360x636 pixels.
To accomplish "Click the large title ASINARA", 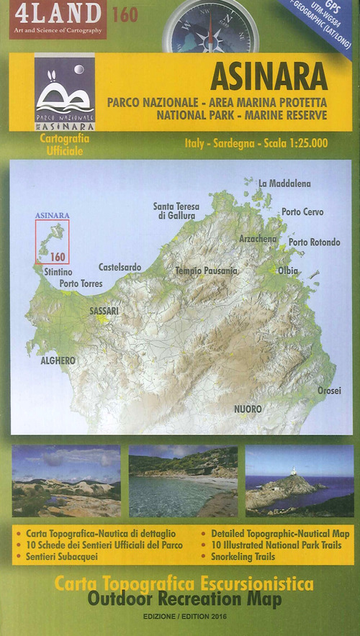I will point(269,77).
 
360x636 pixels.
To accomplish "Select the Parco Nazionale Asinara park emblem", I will point(64,93).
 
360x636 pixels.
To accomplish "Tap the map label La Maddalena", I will point(284,183).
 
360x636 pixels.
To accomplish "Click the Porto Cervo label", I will point(302,212).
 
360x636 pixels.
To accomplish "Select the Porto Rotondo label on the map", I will point(314,242).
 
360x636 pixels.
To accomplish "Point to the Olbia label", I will point(288,271).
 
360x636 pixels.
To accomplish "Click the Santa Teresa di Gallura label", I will point(176,211).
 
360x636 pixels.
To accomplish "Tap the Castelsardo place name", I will point(120,267).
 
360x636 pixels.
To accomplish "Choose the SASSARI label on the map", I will point(104,312).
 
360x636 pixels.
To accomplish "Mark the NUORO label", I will point(248,409).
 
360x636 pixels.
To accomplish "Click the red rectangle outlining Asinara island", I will point(53,242).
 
